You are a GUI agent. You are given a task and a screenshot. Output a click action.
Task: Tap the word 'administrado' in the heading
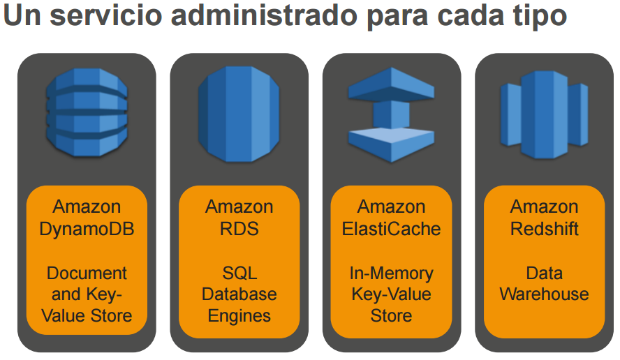(269, 17)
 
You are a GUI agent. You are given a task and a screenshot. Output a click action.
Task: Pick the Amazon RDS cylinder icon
(239, 115)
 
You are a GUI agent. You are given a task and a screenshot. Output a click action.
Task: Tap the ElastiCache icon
(391, 115)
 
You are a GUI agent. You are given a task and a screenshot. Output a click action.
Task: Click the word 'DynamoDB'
(87, 228)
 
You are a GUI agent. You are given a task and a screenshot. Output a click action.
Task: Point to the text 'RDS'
(239, 228)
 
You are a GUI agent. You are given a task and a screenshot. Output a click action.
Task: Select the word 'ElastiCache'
(391, 228)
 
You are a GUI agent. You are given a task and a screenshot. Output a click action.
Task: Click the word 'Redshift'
(544, 228)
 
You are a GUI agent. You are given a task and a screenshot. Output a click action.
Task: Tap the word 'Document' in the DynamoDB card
(87, 273)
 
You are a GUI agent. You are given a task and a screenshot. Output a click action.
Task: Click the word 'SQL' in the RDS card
(239, 273)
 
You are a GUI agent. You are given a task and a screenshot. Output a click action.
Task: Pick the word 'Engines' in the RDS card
(239, 315)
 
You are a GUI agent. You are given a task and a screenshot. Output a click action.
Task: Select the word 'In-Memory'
(391, 273)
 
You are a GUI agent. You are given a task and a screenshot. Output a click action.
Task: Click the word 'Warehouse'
(544, 294)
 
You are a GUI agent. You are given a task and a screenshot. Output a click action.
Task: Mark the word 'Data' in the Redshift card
(544, 273)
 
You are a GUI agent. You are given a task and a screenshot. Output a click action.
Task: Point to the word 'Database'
(239, 294)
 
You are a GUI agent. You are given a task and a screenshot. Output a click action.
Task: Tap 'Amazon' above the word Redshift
(544, 207)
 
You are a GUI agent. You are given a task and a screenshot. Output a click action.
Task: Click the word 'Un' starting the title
(22, 17)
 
